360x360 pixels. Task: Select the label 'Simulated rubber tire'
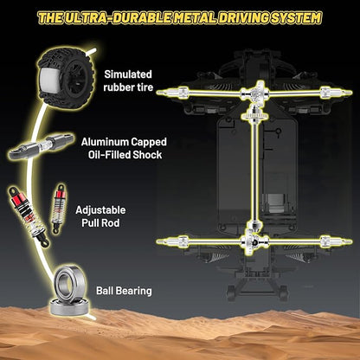(128, 80)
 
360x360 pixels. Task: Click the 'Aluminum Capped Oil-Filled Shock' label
(124, 148)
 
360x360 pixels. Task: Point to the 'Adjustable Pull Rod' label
(100, 216)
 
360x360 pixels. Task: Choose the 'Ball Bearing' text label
(124, 291)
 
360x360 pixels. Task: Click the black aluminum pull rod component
(42, 146)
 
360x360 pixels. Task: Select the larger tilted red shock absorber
(29, 216)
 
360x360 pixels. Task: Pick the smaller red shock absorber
(59, 207)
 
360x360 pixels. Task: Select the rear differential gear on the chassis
(255, 241)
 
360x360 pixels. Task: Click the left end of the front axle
(157, 93)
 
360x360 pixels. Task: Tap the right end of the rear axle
(350, 241)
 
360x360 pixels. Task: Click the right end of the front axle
(350, 93)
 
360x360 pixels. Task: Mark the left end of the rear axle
(157, 241)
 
